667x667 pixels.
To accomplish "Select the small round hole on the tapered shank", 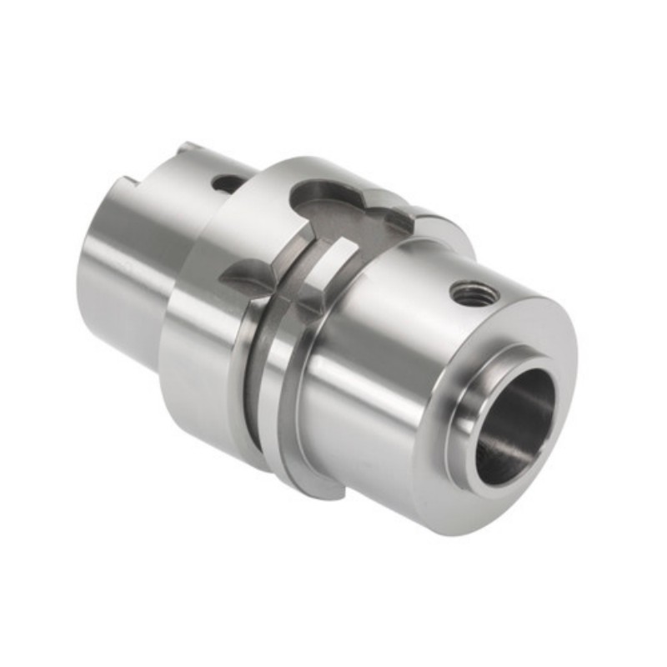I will tap(224, 182).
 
